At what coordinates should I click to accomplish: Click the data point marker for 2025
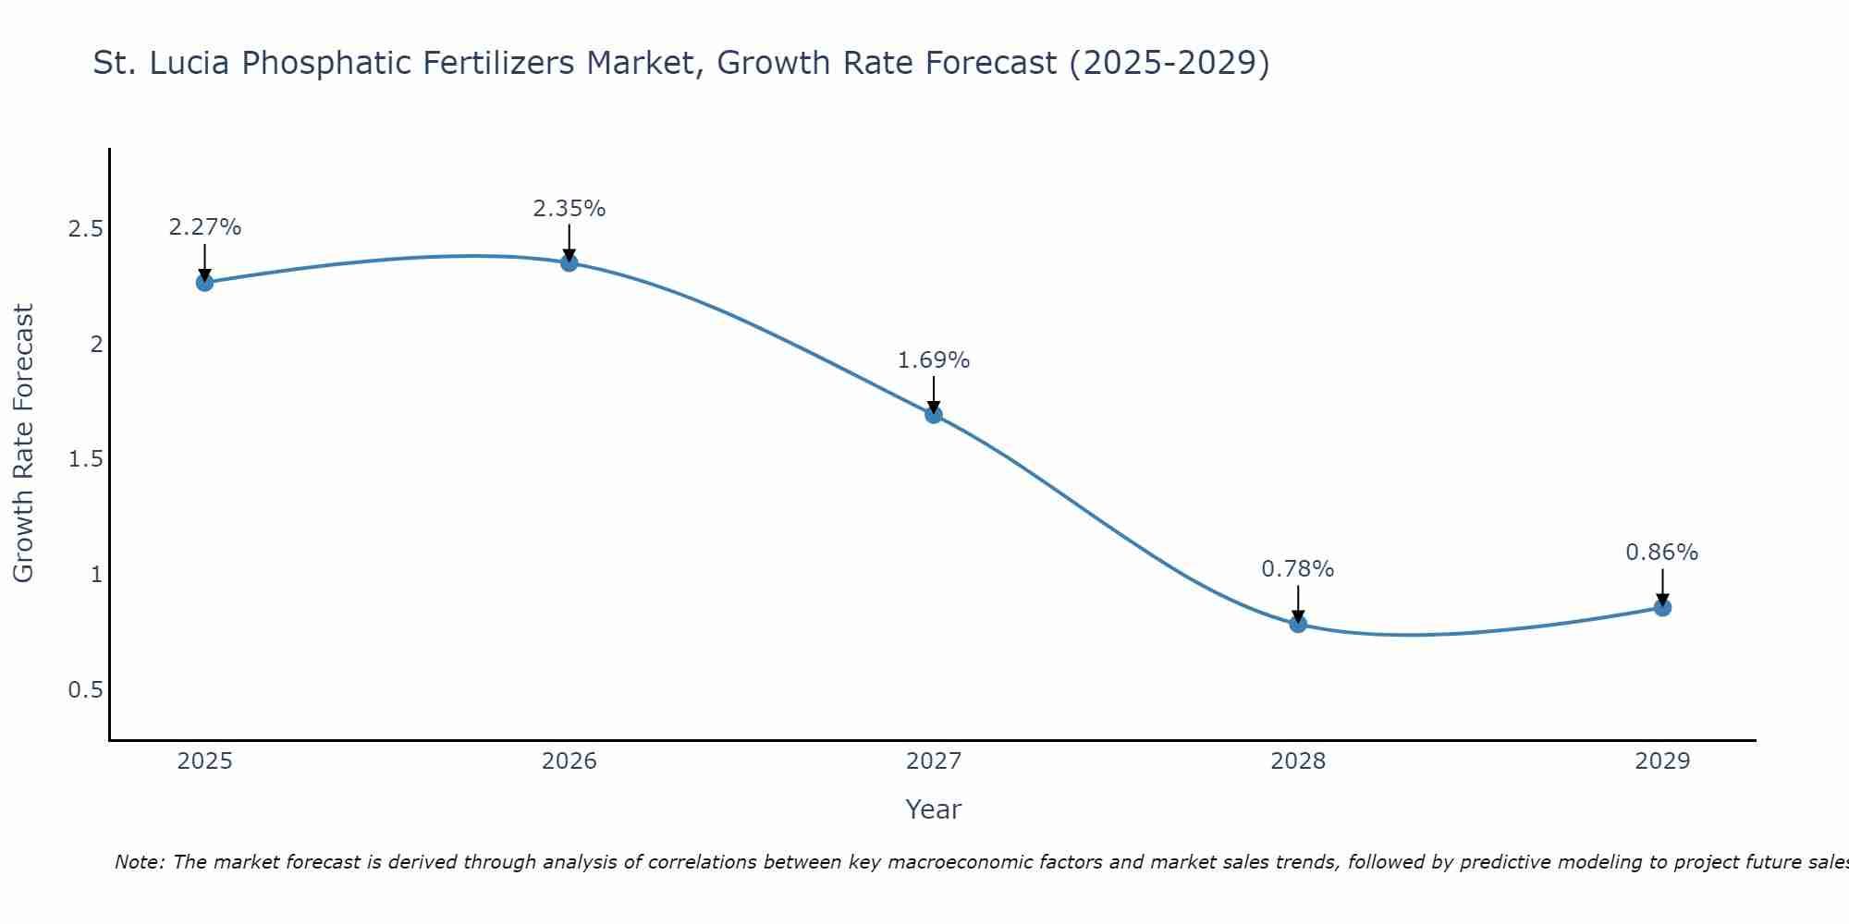204,283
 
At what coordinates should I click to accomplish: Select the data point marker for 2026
569,263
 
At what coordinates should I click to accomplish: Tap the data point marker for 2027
934,415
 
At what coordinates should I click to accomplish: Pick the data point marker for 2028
1298,624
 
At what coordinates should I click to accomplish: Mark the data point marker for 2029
1662,607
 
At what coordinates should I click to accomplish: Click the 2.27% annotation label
204,227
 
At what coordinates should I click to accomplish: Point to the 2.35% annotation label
569,209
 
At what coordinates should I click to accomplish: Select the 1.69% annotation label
934,360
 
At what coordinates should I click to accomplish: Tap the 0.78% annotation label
1298,569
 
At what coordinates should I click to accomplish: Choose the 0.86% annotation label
1662,553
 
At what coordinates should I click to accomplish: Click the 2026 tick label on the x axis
569,761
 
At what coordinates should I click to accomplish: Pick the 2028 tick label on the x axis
1298,761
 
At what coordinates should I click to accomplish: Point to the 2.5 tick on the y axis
85,229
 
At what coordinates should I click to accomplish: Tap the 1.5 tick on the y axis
85,459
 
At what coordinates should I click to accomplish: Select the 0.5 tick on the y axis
85,690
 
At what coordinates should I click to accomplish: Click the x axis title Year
934,809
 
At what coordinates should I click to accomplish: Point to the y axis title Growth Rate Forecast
23,444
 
